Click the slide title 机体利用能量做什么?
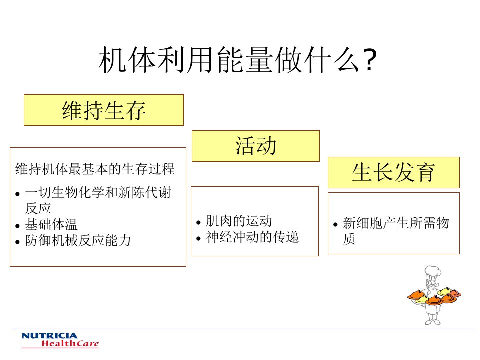click(237, 60)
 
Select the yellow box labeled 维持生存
click(104, 110)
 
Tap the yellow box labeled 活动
click(256, 146)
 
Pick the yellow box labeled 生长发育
click(394, 172)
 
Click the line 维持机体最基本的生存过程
click(95, 169)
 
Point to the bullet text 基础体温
click(51, 224)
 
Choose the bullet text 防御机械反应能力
click(78, 240)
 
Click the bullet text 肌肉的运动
click(239, 221)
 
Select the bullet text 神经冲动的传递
click(252, 237)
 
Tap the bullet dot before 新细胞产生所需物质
click(335, 224)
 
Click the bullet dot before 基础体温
click(17, 226)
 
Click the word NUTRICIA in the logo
click(49, 336)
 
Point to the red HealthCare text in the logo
click(70, 344)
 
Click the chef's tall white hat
click(433, 272)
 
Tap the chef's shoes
click(433, 322)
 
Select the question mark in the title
click(370, 60)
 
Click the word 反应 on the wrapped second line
click(38, 209)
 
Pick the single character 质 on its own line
click(349, 239)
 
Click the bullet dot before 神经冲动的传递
click(198, 239)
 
